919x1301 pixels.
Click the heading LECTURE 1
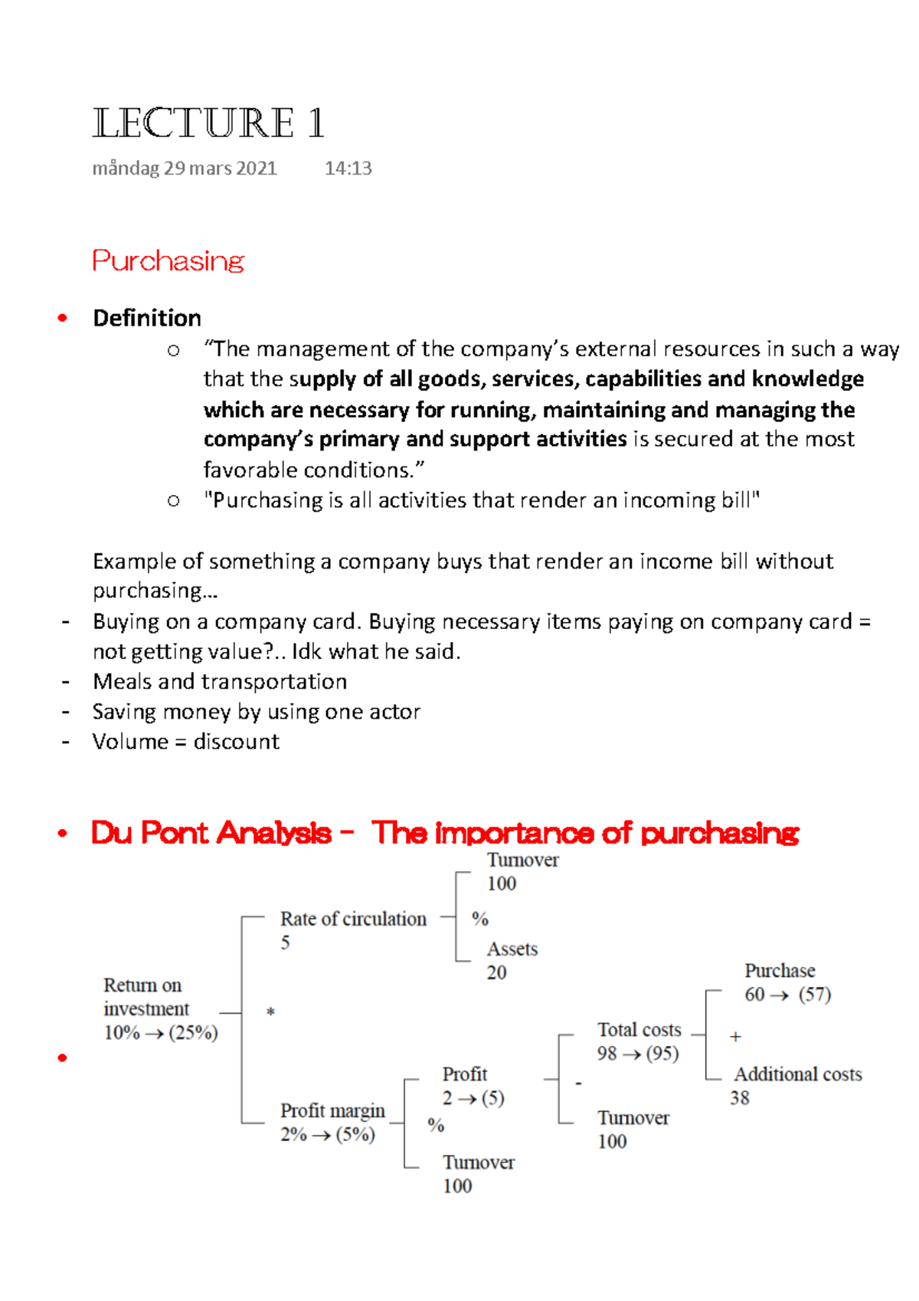click(x=208, y=123)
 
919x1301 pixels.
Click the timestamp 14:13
click(x=348, y=169)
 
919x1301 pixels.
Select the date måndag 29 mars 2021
click(x=185, y=169)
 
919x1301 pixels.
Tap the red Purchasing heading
click(x=168, y=261)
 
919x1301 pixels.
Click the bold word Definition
click(x=147, y=318)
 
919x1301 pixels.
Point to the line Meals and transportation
click(x=220, y=681)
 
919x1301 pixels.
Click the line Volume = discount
click(x=186, y=742)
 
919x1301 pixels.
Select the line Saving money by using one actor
click(x=257, y=712)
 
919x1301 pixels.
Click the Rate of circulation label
click(x=353, y=919)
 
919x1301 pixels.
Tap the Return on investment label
click(x=146, y=997)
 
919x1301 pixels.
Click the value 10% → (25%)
click(x=161, y=1033)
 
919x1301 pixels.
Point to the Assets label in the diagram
click(x=512, y=949)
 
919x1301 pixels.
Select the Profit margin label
click(x=332, y=1110)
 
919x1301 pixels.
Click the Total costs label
click(x=639, y=1030)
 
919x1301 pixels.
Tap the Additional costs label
click(x=798, y=1074)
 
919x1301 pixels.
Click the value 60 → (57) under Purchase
click(x=787, y=995)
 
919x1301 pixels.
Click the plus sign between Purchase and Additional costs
click(x=735, y=1037)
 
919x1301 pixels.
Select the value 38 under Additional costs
click(x=739, y=1098)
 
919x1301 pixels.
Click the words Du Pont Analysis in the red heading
click(x=211, y=833)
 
